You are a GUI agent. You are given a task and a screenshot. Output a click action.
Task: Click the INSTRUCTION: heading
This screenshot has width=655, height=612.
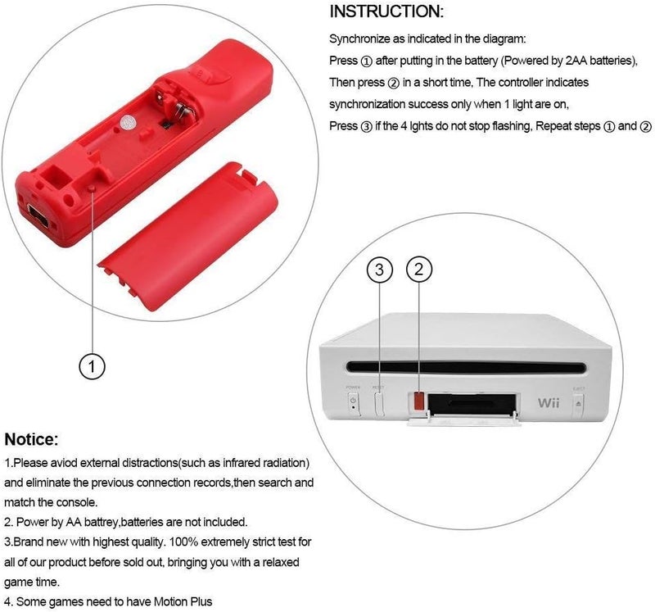(386, 11)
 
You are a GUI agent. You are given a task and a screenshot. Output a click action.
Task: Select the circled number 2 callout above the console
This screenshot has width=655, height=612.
(418, 269)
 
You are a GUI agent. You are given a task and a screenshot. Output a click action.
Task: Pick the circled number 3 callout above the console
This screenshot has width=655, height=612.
(379, 269)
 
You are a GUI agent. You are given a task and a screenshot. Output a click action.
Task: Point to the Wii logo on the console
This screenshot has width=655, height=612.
(547, 403)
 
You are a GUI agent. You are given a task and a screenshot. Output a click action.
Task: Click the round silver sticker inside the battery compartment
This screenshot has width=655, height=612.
(129, 120)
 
